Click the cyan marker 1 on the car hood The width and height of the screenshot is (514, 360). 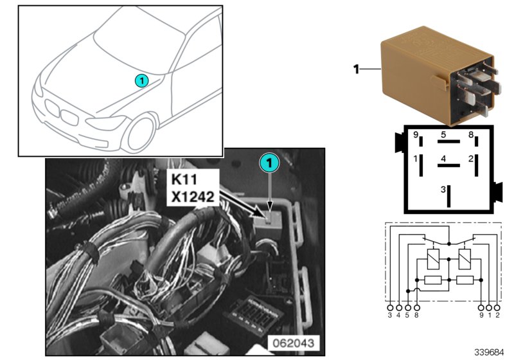[x=142, y=80]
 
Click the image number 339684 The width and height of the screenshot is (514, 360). [x=490, y=352]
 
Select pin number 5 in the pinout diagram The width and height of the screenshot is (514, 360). [x=443, y=135]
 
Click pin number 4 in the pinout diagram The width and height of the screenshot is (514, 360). [x=443, y=158]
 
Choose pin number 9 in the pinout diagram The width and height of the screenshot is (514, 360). [x=416, y=136]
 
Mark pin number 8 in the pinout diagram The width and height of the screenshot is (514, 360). [x=471, y=136]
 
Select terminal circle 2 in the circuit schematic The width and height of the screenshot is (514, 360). [x=497, y=307]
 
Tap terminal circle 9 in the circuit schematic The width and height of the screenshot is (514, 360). [x=481, y=307]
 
